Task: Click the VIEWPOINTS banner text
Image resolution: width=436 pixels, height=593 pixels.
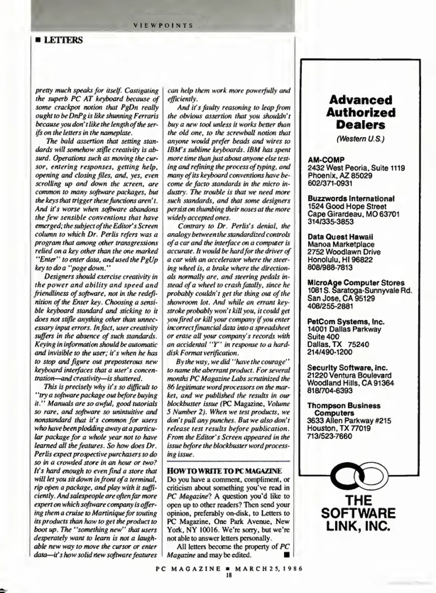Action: (163, 26)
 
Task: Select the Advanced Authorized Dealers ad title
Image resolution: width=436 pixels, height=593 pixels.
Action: (360, 112)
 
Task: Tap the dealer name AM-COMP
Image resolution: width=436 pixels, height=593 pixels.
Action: (326, 160)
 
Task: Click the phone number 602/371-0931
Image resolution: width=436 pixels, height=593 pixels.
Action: (330, 183)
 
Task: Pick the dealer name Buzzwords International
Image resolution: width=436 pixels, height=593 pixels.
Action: (351, 198)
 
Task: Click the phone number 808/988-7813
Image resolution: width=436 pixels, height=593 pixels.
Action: (330, 267)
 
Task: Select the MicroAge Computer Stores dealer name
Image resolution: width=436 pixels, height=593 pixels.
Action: (356, 283)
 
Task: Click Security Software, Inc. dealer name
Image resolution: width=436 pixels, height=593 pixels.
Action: (347, 367)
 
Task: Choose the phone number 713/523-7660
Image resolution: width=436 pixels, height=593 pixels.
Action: (329, 436)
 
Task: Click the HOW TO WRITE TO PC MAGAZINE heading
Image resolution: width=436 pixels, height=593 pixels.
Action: (224, 471)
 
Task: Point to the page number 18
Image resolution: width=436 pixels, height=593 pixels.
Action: (229, 575)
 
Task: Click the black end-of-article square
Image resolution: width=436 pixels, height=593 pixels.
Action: (287, 555)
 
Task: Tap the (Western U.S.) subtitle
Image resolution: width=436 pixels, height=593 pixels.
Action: (360, 139)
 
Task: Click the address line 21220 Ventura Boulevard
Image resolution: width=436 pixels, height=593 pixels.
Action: (349, 375)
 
